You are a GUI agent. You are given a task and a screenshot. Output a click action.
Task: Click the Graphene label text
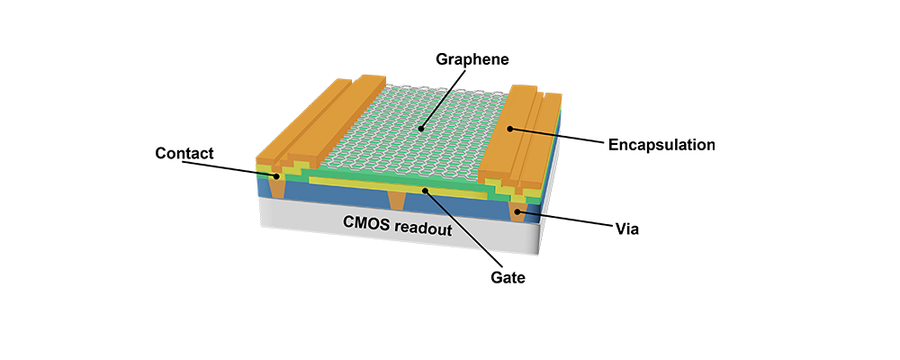(x=474, y=60)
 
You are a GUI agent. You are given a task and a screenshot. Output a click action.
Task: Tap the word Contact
(x=184, y=153)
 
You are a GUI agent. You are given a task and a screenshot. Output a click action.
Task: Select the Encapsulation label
(x=661, y=144)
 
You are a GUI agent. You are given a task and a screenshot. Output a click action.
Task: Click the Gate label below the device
(x=508, y=278)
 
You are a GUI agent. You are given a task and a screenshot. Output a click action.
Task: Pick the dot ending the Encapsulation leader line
(x=510, y=129)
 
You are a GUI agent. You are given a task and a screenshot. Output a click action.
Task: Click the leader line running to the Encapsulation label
(x=558, y=137)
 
